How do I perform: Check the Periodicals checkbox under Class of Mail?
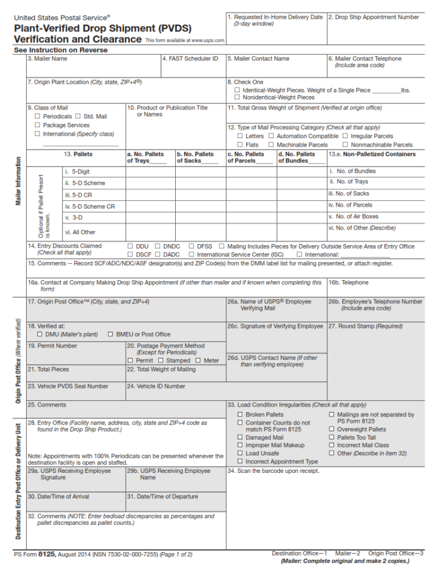(37, 116)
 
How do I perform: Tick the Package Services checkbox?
(37, 125)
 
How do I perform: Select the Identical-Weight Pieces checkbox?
(237, 90)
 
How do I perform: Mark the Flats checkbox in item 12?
(240, 144)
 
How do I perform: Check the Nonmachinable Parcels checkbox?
(346, 144)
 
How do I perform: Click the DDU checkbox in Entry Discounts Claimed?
(130, 246)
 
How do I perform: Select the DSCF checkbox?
(130, 255)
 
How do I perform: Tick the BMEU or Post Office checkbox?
(111, 334)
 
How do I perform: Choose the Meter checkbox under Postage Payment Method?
(198, 361)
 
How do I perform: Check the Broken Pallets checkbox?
(240, 415)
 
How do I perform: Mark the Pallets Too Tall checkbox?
(332, 437)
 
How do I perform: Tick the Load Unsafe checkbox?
(240, 453)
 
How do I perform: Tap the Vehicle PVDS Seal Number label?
(68, 386)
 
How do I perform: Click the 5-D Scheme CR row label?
(90, 206)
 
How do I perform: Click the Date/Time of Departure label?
(162, 497)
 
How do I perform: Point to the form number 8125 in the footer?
(47, 554)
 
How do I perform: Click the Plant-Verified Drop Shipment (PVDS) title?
(102, 28)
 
